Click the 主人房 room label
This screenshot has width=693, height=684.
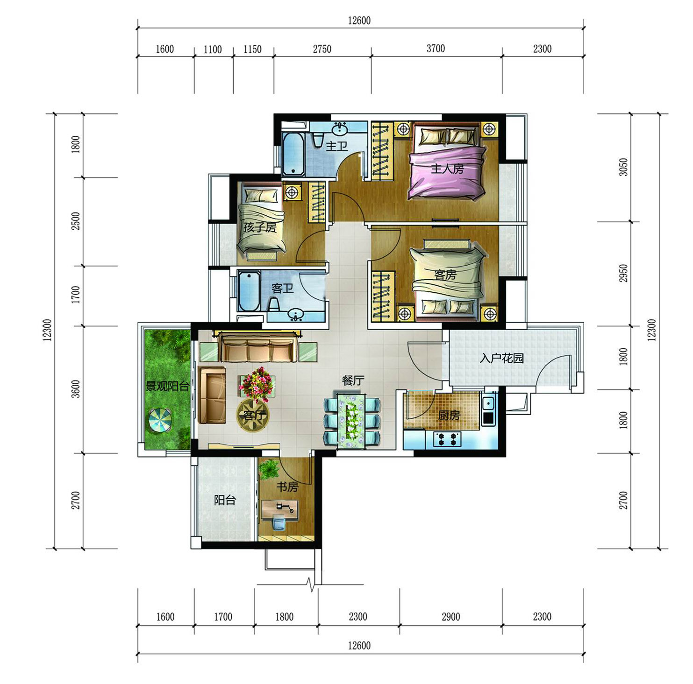click(x=447, y=169)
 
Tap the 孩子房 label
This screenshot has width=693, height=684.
click(x=260, y=227)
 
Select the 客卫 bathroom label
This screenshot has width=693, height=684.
click(x=283, y=288)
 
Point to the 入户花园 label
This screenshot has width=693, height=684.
click(x=501, y=358)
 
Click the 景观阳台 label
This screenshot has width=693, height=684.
click(x=168, y=386)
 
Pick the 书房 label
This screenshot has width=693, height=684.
click(x=287, y=487)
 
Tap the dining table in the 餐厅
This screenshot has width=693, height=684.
click(x=352, y=421)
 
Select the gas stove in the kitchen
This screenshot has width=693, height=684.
click(x=447, y=439)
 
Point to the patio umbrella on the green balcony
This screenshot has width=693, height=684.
click(x=160, y=420)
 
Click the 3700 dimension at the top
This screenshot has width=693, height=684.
click(x=436, y=49)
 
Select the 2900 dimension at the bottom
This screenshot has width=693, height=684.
click(x=450, y=617)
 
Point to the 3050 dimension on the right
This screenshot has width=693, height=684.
click(x=623, y=167)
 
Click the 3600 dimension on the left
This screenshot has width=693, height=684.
click(x=76, y=389)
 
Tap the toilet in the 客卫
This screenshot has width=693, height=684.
click(x=274, y=305)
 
